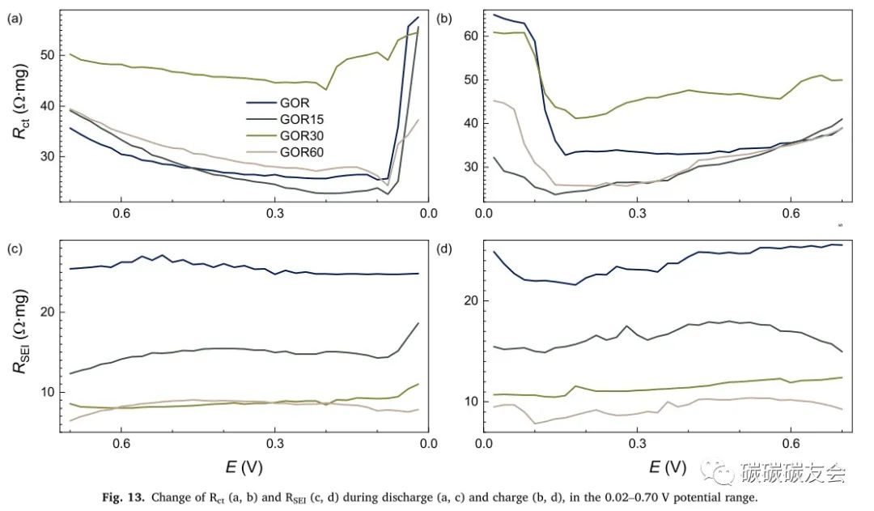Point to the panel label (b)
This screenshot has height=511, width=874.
point(444,17)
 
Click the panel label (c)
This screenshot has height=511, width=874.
point(15,249)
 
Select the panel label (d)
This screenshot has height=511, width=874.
point(444,249)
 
